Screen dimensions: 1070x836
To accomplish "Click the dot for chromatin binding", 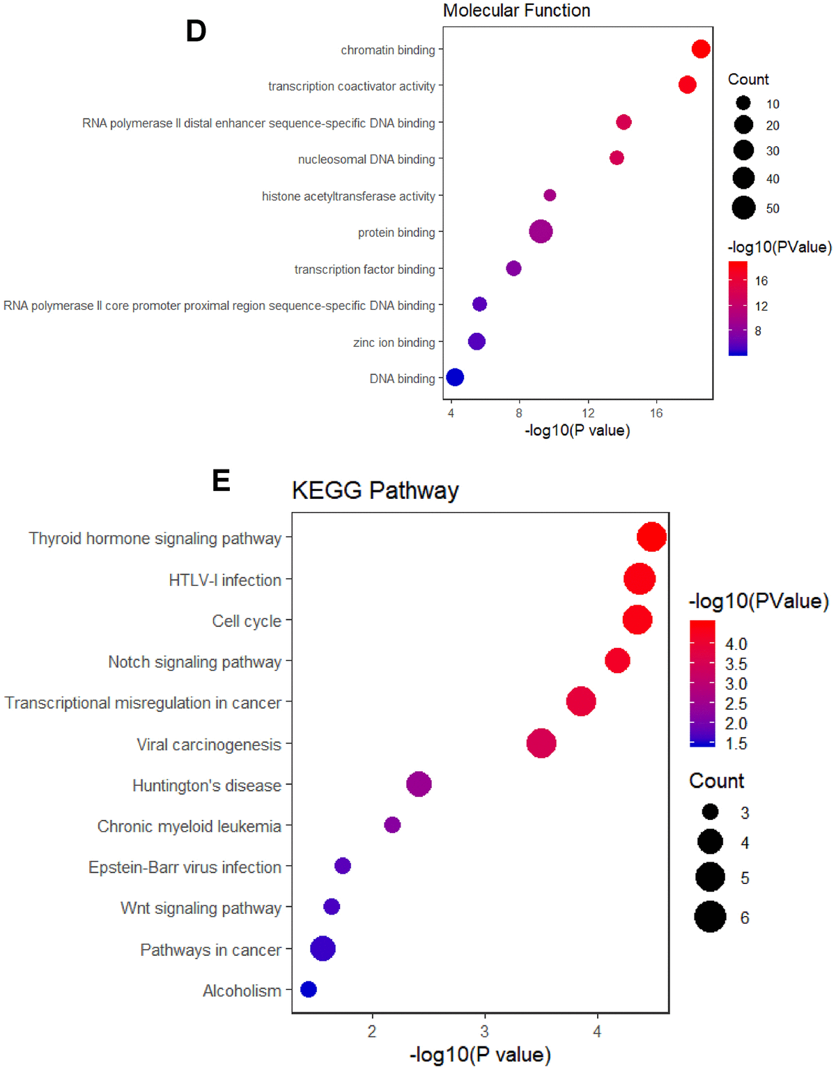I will coord(701,49).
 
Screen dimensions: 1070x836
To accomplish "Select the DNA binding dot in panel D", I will coord(455,378).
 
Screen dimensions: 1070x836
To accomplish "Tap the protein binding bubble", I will coord(541,231).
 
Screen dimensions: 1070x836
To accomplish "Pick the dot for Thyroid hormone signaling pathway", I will coord(651,537).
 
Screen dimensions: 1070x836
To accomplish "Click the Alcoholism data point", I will coord(309,989).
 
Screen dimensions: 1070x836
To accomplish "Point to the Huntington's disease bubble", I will coord(419,784).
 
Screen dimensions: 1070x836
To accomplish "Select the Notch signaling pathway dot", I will coord(617,660).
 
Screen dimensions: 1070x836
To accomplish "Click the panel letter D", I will coord(196,31).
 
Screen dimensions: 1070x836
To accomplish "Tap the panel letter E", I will coord(221,481).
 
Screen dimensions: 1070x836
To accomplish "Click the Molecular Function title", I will coord(516,10).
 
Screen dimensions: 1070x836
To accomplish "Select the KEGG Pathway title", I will coord(375,490).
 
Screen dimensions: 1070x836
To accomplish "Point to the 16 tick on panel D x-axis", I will coord(656,413).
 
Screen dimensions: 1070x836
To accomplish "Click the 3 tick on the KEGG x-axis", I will coord(484,1032).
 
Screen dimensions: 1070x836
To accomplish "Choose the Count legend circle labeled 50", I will coord(743,208).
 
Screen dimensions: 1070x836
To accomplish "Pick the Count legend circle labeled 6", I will coord(710,917).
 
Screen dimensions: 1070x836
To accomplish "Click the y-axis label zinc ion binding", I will coord(394,342).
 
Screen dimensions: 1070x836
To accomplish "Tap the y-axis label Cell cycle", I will coord(247,621).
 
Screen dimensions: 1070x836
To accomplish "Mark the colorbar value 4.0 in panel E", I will coord(736,644).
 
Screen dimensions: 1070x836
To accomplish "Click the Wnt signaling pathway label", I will coord(201,908).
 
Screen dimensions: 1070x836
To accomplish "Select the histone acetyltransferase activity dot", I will coord(550,195).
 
